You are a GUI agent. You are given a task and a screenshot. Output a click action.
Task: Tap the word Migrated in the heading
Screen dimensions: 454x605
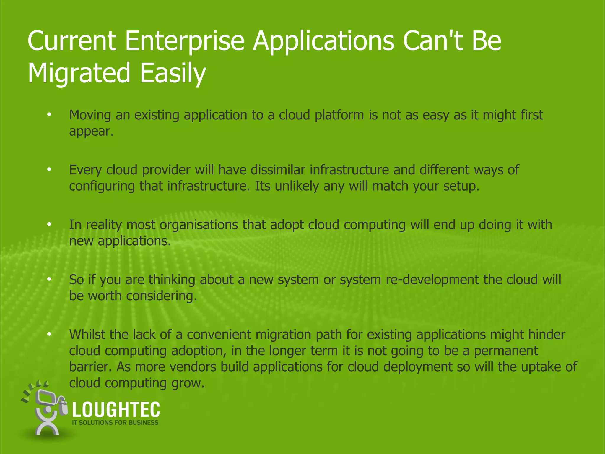[x=79, y=73]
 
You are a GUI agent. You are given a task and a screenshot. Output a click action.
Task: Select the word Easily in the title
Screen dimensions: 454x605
[x=173, y=73]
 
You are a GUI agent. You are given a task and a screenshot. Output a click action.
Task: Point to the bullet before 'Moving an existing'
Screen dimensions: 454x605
[x=49, y=115]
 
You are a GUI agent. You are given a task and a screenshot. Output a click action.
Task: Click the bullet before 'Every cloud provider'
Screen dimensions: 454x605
[x=49, y=170]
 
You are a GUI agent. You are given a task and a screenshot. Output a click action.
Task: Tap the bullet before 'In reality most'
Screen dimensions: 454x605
[x=49, y=225]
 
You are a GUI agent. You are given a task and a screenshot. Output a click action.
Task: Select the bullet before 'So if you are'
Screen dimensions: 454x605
[x=49, y=279]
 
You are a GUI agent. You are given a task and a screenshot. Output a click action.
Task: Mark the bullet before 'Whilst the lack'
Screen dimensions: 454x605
[x=49, y=334]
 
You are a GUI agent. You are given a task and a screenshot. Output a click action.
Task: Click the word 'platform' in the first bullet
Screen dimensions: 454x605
[x=339, y=115]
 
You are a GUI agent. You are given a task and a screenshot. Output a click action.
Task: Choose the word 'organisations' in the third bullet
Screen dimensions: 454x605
[x=199, y=225]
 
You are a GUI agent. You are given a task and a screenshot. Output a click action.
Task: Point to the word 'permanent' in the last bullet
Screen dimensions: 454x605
[x=506, y=351]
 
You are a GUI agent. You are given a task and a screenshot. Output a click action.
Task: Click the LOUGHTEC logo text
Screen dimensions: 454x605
[x=116, y=410]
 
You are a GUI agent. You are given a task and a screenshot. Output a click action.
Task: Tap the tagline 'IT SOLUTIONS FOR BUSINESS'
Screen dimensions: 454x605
[x=115, y=423]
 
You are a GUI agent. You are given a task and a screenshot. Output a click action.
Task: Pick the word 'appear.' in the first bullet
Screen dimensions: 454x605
[x=91, y=132]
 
